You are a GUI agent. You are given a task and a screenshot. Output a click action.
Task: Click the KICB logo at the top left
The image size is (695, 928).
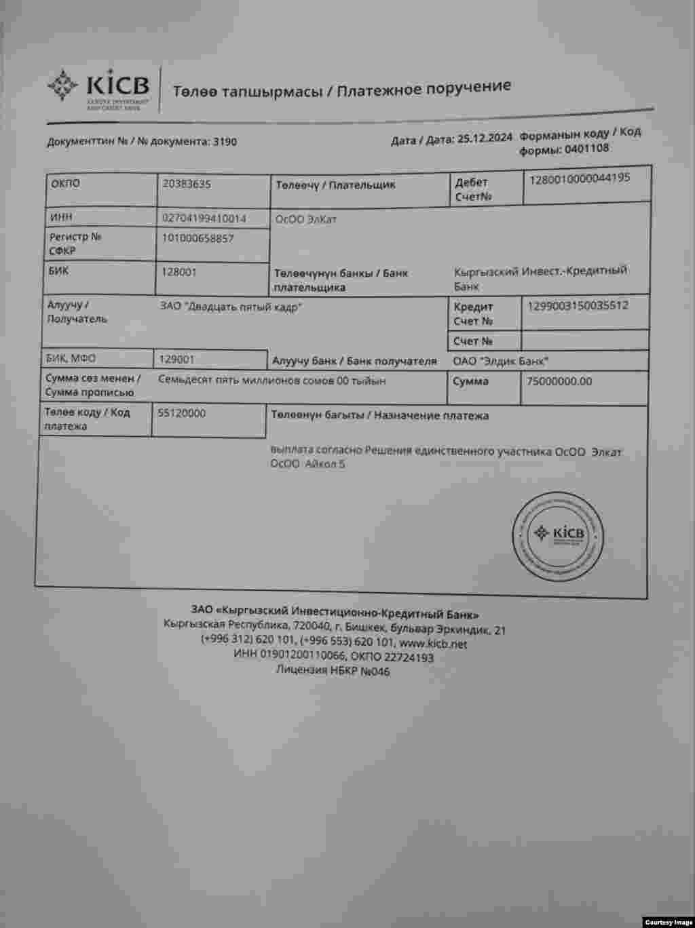point(98,86)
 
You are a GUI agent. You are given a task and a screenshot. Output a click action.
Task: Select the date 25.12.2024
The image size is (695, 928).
point(485,138)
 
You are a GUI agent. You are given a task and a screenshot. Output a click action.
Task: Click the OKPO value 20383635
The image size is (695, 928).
point(187,183)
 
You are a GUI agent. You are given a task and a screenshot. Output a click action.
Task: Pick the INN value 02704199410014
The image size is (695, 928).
point(204,218)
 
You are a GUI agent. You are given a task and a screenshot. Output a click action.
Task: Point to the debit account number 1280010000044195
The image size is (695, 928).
point(579,178)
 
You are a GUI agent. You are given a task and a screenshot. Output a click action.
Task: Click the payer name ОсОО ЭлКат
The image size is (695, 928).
point(305,220)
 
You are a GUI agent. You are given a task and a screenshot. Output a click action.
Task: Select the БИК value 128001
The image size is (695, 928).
point(179,271)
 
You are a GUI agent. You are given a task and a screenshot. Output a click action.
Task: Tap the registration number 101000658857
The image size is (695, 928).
point(198,238)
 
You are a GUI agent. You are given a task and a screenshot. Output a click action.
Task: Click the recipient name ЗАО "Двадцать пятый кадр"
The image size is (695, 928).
point(231,307)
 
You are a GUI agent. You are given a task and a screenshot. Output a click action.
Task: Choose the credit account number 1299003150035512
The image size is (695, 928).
point(578,305)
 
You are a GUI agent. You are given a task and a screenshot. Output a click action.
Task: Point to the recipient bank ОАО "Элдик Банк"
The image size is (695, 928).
point(501,361)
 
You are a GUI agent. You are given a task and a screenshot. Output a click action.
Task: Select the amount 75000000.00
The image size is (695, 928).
point(559,381)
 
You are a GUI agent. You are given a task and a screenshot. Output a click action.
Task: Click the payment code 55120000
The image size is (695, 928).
point(182,412)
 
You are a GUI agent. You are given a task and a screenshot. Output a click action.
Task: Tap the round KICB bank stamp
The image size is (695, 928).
point(558,534)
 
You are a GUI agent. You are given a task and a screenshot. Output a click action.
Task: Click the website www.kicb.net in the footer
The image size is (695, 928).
point(433,644)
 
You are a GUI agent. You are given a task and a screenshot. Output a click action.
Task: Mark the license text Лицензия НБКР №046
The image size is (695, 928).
point(333,671)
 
